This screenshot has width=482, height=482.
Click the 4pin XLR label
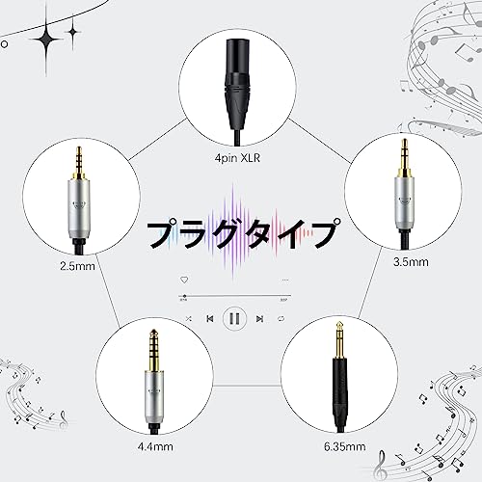coord(237,158)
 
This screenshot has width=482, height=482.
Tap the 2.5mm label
coord(77,266)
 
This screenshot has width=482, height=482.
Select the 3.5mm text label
coord(411,262)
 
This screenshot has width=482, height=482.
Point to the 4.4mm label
coord(155,446)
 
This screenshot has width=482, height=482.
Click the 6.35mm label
coord(344,446)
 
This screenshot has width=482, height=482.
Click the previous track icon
coord(210,318)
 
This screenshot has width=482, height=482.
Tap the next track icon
coord(259,318)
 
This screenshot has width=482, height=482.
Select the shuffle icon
coord(189,318)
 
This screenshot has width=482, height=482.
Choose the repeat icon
coord(281,318)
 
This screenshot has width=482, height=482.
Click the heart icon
coord(184,280)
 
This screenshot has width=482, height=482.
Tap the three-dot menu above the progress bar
coord(285,281)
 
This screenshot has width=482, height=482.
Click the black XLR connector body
coord(237,84)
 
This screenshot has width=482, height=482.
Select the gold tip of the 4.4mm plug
coord(153,350)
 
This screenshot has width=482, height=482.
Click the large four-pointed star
coord(46,40)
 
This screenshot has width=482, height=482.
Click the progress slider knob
coord(184,296)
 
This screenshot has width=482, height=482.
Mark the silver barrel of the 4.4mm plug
coord(153,397)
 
